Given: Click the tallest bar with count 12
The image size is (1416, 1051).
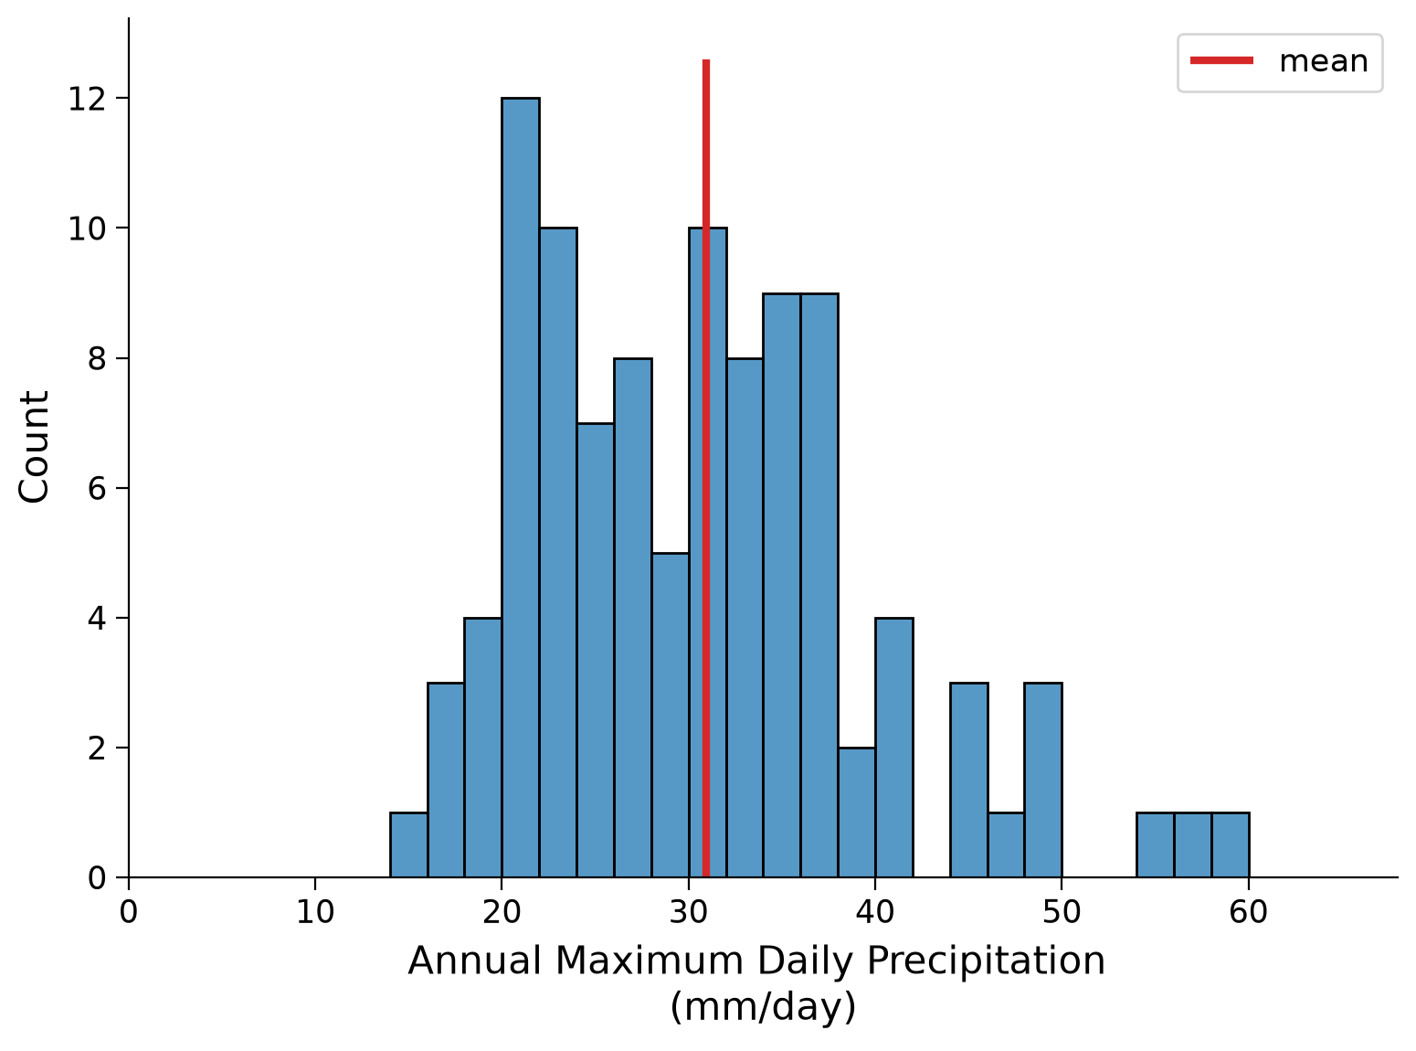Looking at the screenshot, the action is click(521, 487).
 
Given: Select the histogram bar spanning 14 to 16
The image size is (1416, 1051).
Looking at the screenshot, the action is click(408, 844).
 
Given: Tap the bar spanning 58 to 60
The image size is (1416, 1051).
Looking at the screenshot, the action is click(1231, 844).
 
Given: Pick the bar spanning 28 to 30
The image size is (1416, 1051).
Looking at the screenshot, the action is click(671, 715).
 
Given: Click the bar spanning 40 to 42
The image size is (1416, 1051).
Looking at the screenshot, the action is click(894, 748).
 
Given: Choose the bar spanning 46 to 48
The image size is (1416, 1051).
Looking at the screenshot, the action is click(1006, 844).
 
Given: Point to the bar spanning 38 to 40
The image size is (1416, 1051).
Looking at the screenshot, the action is click(857, 812).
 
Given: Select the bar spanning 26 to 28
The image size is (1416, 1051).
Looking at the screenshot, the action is click(633, 618).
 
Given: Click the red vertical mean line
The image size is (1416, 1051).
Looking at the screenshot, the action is click(706, 468).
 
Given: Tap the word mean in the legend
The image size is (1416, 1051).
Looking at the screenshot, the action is click(1324, 62).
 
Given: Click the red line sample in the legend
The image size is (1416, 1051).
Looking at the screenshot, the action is click(1222, 60).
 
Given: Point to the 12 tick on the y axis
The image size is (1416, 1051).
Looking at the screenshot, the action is click(122, 98).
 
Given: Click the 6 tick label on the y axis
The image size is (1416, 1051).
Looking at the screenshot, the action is click(97, 489).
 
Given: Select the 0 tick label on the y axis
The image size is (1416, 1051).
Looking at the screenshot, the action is click(97, 878).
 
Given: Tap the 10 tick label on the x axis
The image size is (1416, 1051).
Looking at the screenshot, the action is click(315, 912).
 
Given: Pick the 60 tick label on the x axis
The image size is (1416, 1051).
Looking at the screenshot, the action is click(1248, 912).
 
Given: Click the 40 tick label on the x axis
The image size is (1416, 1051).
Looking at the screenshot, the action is click(874, 912).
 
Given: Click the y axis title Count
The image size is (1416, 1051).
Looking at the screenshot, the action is click(34, 447).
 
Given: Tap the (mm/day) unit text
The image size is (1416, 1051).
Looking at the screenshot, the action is click(763, 1007).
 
